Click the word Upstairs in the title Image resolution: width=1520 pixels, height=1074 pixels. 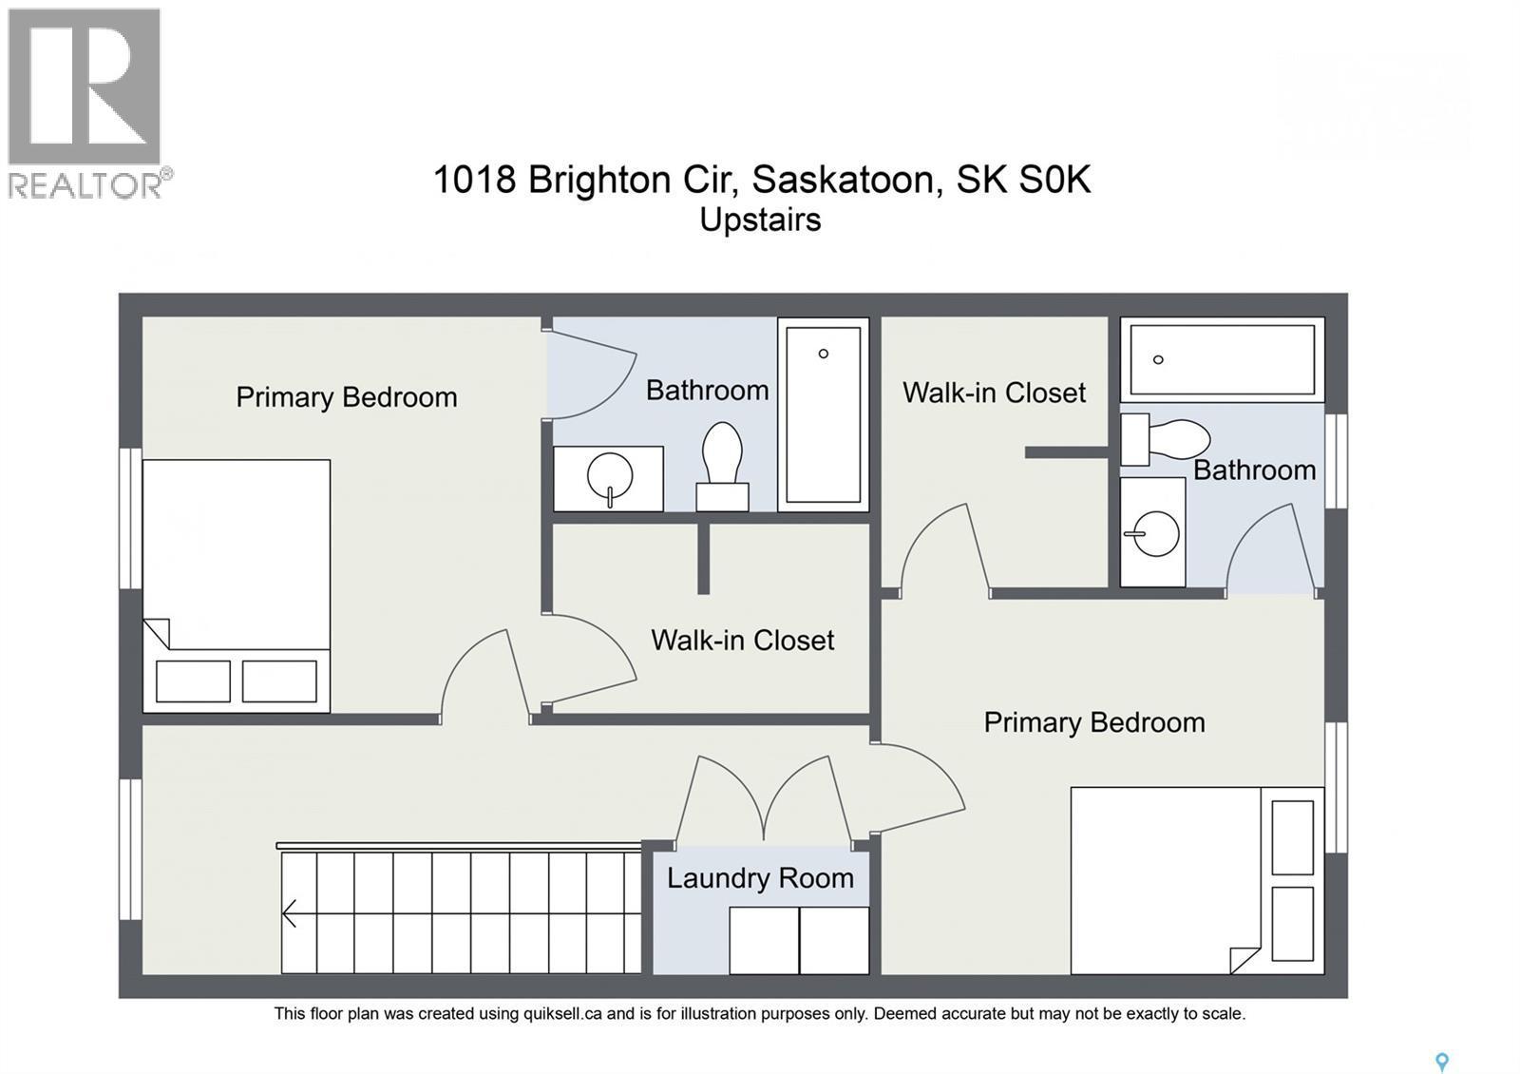pos(760,220)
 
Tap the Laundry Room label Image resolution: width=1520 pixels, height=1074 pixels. pos(760,878)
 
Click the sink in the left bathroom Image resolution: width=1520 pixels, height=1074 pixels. pos(609,478)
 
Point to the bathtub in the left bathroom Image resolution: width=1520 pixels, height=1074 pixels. pos(823,413)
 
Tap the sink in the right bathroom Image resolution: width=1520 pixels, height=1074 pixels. pos(1153,533)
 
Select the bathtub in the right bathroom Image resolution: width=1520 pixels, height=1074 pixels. pos(1222,359)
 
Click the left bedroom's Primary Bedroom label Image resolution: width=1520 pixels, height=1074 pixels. pos(346,397)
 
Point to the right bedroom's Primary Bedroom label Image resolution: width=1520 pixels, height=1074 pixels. pos(1093,722)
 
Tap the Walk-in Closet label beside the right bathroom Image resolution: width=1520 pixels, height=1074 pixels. pos(994,393)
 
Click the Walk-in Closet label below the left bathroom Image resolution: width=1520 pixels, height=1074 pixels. pos(742,641)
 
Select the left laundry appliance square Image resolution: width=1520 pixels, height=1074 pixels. pos(764,940)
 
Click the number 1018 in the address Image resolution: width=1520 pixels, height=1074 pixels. pos(473,180)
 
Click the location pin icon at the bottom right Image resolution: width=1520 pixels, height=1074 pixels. pos(1441,1062)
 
